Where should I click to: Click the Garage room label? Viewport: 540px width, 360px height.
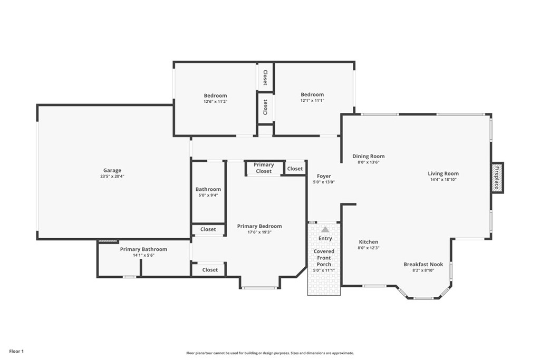pyautogui.click(x=112, y=170)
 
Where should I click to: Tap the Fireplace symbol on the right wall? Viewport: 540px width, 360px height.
pyautogui.click(x=497, y=178)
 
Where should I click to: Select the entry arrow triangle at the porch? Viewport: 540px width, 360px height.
pyautogui.click(x=325, y=229)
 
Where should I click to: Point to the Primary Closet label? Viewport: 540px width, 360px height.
pyautogui.click(x=264, y=168)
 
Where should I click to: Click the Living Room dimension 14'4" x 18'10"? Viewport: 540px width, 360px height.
pyautogui.click(x=443, y=180)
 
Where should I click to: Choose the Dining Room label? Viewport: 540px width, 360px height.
pyautogui.click(x=368, y=156)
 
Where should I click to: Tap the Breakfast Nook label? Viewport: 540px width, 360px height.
pyautogui.click(x=423, y=264)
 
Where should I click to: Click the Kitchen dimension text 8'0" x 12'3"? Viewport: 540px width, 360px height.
pyautogui.click(x=369, y=248)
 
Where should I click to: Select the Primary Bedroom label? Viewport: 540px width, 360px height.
pyautogui.click(x=259, y=226)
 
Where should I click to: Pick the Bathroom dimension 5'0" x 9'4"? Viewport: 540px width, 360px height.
pyautogui.click(x=208, y=195)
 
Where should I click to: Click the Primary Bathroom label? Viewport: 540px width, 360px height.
pyautogui.click(x=143, y=249)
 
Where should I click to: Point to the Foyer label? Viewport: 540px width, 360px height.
pyautogui.click(x=324, y=176)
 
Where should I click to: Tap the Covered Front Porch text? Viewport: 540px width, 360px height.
pyautogui.click(x=324, y=258)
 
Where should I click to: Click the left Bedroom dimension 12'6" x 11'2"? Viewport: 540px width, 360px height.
pyautogui.click(x=215, y=101)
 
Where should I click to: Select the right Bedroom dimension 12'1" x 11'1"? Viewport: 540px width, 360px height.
pyautogui.click(x=312, y=100)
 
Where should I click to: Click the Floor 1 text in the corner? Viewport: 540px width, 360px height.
pyautogui.click(x=16, y=351)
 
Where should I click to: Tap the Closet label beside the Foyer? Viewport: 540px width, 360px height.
pyautogui.click(x=295, y=169)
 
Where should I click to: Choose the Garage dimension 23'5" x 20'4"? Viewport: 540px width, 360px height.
pyautogui.click(x=112, y=176)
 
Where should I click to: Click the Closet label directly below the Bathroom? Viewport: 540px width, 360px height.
pyautogui.click(x=208, y=229)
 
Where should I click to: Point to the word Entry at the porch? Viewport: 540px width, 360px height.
pyautogui.click(x=325, y=238)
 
